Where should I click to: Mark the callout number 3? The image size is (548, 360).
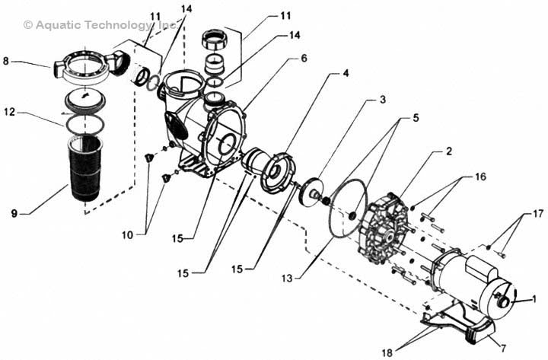[x=383, y=100]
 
